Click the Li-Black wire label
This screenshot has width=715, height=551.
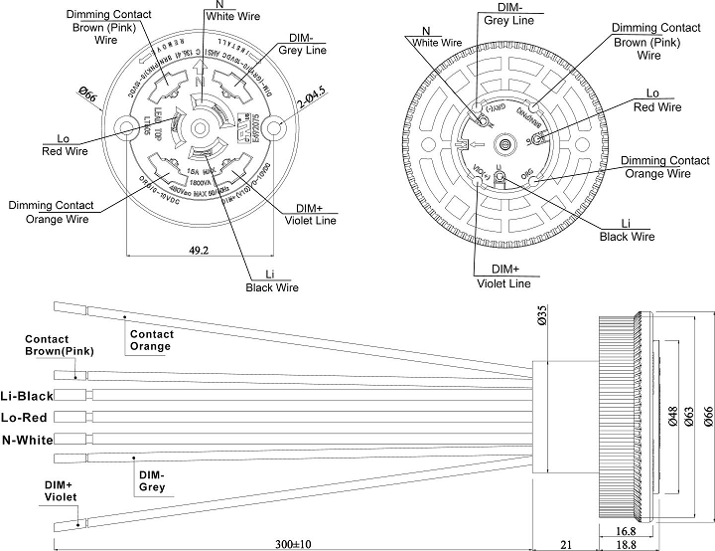[28, 396]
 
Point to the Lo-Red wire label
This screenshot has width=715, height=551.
[28, 417]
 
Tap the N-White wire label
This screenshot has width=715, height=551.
[28, 439]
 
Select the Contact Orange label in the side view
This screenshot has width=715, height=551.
[150, 340]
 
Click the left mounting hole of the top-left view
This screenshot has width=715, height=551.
[127, 126]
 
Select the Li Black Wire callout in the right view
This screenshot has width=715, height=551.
[627, 230]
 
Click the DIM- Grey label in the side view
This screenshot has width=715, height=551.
[154, 481]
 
